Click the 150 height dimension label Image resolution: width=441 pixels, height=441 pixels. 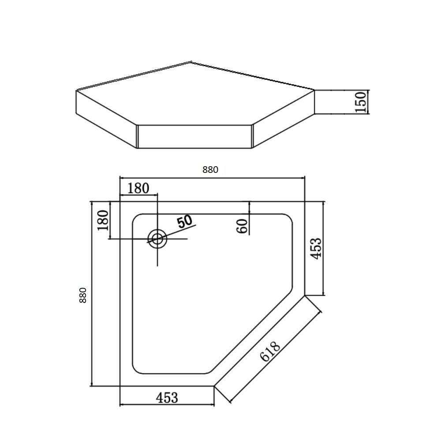click(361, 102)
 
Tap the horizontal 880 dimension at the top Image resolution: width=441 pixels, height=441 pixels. click(210, 170)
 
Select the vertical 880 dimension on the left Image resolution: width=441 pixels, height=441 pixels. click(83, 295)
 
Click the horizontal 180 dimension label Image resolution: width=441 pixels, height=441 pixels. click(138, 188)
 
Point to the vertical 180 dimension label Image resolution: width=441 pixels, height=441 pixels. click(103, 220)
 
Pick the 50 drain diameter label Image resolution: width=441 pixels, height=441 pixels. click(184, 221)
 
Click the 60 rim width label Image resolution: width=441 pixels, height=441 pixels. click(243, 226)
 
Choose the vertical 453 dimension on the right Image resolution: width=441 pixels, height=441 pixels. click(316, 249)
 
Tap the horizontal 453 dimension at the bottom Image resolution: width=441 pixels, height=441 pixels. click(167, 398)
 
